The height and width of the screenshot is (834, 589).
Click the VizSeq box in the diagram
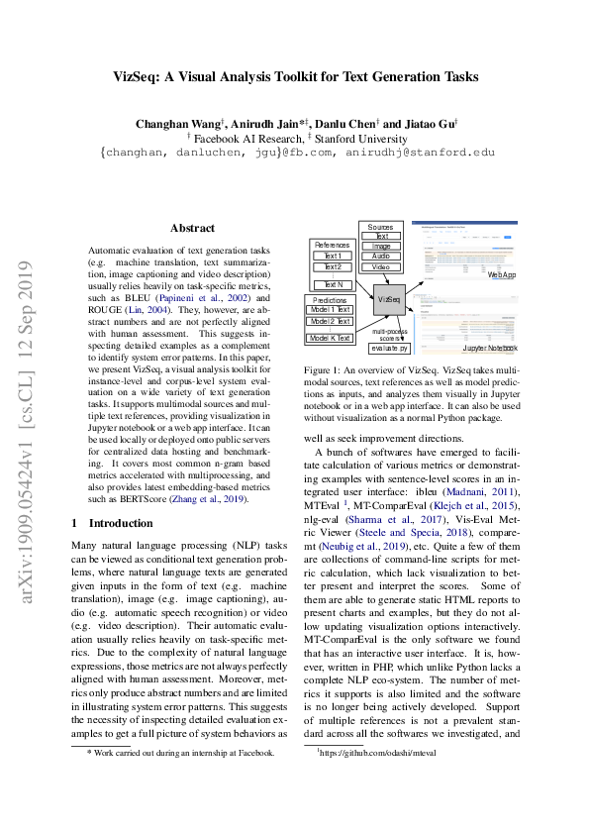[x=389, y=297]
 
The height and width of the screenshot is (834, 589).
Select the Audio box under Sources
[x=381, y=256]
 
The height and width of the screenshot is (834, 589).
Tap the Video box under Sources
[x=381, y=267]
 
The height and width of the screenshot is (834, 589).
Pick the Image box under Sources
[x=381, y=246]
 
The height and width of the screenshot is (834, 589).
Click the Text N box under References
[x=333, y=284]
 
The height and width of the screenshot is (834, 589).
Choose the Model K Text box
[x=329, y=339]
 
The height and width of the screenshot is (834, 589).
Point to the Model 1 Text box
[x=329, y=310]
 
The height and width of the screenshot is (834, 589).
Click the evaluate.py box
[x=388, y=349]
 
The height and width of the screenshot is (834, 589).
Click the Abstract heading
[x=192, y=228]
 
